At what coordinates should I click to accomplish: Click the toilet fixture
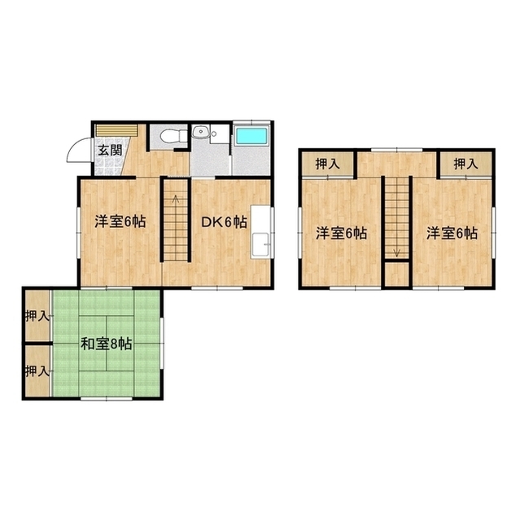point(173,136)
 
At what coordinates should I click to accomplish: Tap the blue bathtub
point(251,136)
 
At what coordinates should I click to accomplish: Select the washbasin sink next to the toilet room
point(200,132)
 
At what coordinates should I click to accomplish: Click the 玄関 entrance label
point(110,151)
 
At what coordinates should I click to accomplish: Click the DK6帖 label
point(224,221)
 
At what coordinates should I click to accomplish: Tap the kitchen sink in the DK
point(260,244)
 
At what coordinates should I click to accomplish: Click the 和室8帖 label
point(107,344)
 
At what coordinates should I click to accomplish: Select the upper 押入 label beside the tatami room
point(37,316)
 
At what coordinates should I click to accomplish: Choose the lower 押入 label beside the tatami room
point(37,371)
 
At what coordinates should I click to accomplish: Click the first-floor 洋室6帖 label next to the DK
point(120,221)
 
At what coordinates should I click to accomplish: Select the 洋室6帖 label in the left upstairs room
point(341,234)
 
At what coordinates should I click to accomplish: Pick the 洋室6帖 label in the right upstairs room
point(452,234)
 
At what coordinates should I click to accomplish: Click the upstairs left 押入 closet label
point(328,164)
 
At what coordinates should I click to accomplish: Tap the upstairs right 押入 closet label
point(465,164)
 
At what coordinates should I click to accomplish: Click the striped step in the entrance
point(116,130)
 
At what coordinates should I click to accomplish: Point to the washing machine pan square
point(220,134)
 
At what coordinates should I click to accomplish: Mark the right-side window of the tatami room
point(162,344)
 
